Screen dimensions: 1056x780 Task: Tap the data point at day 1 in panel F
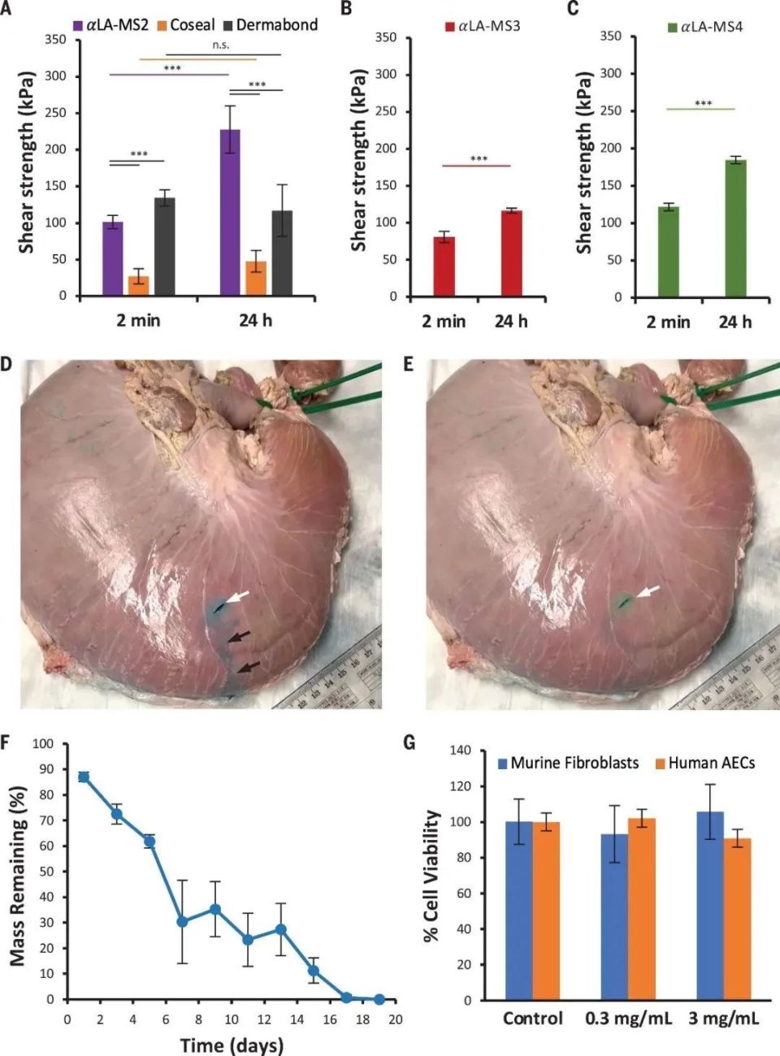pyautogui.click(x=83, y=777)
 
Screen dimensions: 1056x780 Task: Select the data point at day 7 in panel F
pyautogui.click(x=182, y=921)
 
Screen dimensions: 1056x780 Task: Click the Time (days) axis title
pyautogui.click(x=232, y=1045)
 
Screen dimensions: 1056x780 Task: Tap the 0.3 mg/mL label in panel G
pyautogui.click(x=628, y=1019)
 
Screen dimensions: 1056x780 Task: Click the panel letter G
pyautogui.click(x=409, y=742)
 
